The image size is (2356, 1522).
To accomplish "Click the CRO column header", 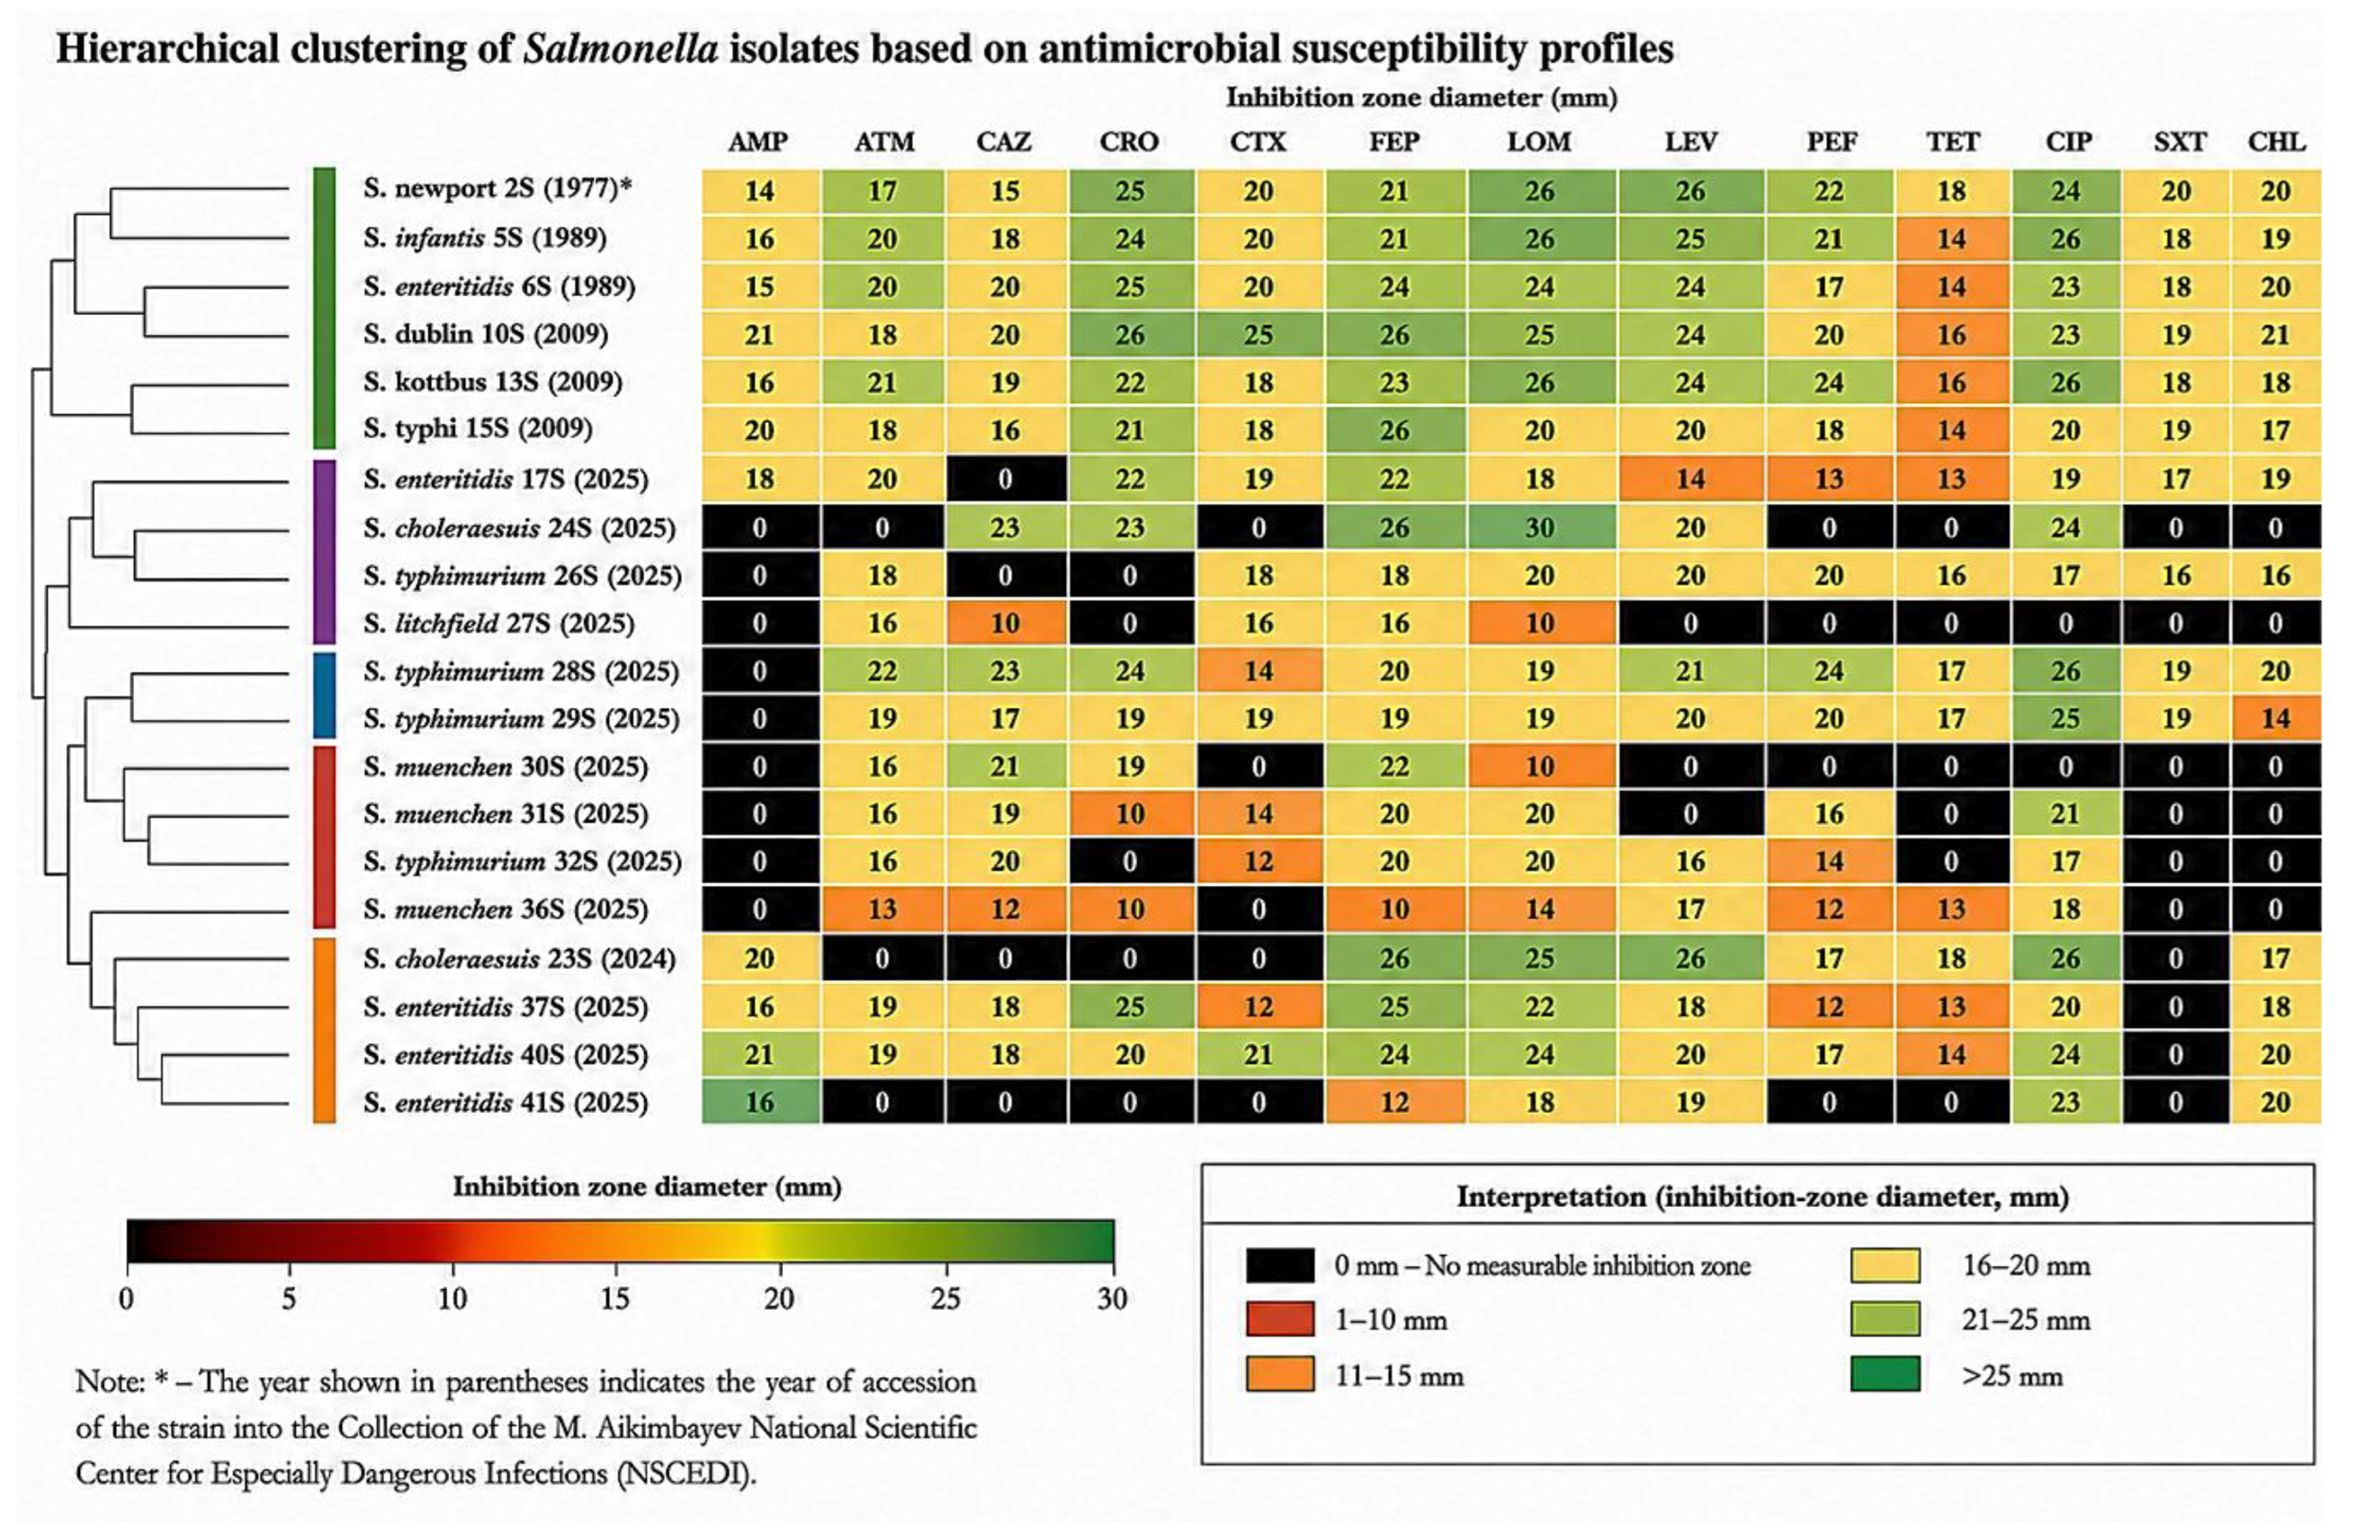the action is tap(1129, 142).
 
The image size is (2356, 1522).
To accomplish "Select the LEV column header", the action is tap(1690, 142).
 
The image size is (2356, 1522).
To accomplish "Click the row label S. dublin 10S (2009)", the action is tap(485, 334).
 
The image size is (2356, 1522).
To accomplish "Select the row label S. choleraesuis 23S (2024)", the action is tap(519, 959).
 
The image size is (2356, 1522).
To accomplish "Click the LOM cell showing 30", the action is tap(1540, 528).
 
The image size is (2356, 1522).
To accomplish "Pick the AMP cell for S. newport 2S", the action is tap(760, 191).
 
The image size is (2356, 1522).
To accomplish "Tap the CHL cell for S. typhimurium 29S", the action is tap(2275, 719).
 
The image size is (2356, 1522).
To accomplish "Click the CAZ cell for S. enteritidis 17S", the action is tap(1005, 479).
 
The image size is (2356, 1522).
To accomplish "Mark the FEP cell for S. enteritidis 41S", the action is tap(1394, 1102).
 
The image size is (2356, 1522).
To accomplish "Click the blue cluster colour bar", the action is tap(324, 694).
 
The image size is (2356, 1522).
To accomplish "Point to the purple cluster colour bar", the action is tap(324, 551).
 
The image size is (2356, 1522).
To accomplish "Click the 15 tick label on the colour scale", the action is tap(615, 1298).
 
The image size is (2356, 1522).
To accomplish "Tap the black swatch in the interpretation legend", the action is tap(1280, 1265).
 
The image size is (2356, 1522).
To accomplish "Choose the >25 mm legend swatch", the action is tap(1885, 1374).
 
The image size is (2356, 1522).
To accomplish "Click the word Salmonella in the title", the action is tap(621, 49).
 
